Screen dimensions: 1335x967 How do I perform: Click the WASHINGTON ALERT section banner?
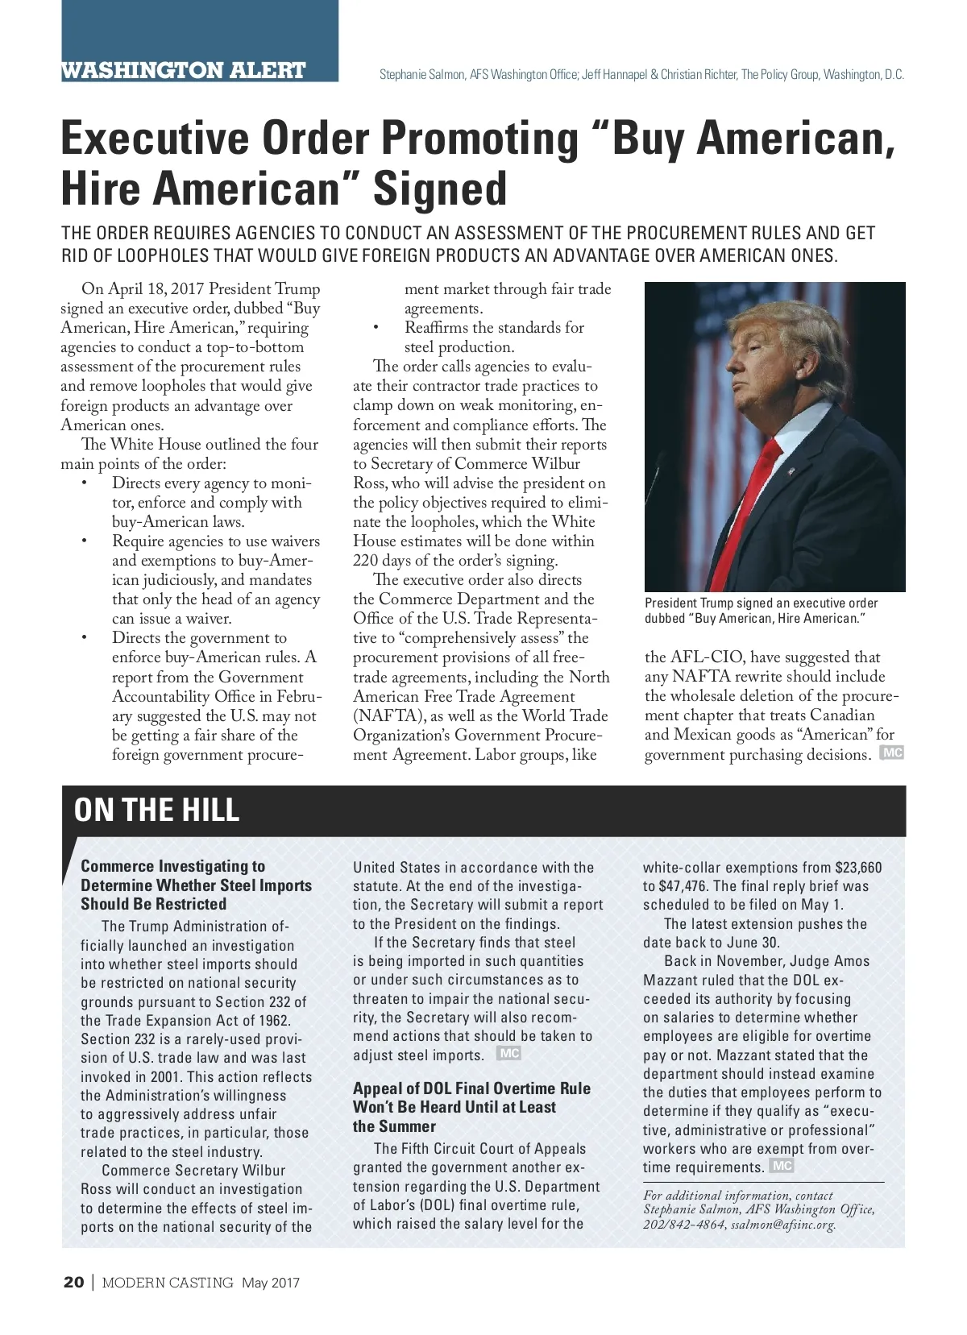(x=184, y=70)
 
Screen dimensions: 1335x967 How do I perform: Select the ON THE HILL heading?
(x=156, y=810)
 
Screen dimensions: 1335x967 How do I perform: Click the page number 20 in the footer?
(x=73, y=1283)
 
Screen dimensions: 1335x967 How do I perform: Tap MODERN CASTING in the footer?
(x=168, y=1283)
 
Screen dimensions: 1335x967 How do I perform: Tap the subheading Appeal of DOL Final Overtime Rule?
(x=471, y=1088)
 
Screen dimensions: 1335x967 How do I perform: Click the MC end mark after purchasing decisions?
(x=892, y=752)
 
